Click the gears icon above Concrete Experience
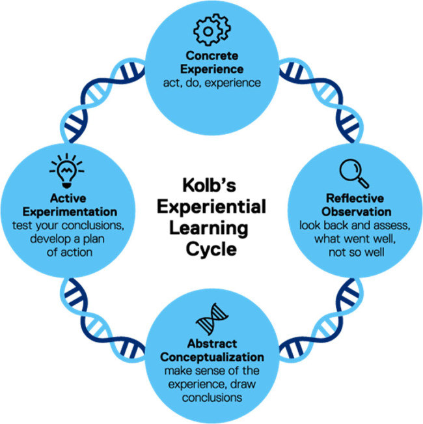coord(211,29)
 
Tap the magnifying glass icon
coord(354,173)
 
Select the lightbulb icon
coord(67,171)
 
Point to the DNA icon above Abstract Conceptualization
coord(211,319)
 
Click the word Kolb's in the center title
coord(209,186)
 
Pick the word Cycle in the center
coord(211,249)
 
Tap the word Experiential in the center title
coord(211,207)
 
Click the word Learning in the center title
coord(208,229)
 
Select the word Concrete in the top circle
coord(212,56)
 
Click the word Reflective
coord(355,199)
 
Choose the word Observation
coord(356,212)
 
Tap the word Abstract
coord(212,344)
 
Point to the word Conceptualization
coord(212,357)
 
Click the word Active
coord(68,199)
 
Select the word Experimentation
coord(70,212)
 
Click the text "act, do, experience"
coord(212,83)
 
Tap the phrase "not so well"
coord(357,253)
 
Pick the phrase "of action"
coord(70,253)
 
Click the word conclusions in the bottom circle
coord(212,398)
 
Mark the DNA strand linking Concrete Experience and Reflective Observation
coord(321,100)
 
